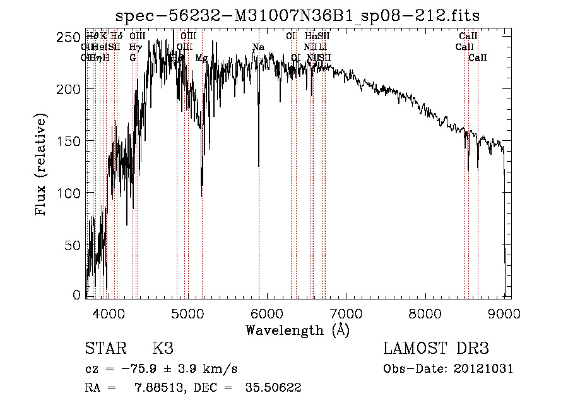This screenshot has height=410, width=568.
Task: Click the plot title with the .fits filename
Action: (299, 16)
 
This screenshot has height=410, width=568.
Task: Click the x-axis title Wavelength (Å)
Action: (297, 330)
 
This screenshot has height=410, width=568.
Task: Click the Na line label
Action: (258, 47)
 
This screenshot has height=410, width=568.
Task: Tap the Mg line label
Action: (201, 58)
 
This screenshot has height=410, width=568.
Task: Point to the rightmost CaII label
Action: (478, 58)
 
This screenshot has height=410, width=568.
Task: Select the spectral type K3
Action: (162, 349)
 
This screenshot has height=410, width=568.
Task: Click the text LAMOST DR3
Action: (435, 349)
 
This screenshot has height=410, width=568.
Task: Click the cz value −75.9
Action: (140, 369)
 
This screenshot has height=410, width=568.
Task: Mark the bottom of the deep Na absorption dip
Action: (259, 166)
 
